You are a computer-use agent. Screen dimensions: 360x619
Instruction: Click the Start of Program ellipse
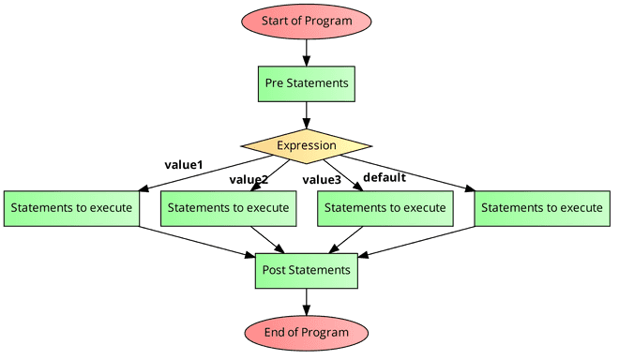click(x=307, y=21)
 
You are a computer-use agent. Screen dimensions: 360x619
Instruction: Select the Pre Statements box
click(x=307, y=83)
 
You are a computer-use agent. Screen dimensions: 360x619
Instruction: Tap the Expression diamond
click(x=307, y=145)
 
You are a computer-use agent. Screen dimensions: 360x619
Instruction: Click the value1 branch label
click(x=184, y=165)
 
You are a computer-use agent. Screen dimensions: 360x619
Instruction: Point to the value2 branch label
click(x=249, y=179)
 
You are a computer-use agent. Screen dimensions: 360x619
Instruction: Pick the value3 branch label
click(x=322, y=179)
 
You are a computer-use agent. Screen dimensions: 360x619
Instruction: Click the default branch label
click(x=384, y=176)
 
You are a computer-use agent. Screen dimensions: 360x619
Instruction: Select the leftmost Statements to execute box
click(x=70, y=207)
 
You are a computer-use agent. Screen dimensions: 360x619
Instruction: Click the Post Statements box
click(x=307, y=270)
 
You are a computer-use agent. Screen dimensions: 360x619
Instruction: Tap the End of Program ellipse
click(x=307, y=332)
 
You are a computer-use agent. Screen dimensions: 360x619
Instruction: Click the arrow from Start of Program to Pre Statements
click(x=307, y=52)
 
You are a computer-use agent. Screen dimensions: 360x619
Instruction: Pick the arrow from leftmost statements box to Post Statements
click(x=197, y=239)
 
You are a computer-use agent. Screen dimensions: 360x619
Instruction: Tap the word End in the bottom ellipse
click(x=276, y=332)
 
